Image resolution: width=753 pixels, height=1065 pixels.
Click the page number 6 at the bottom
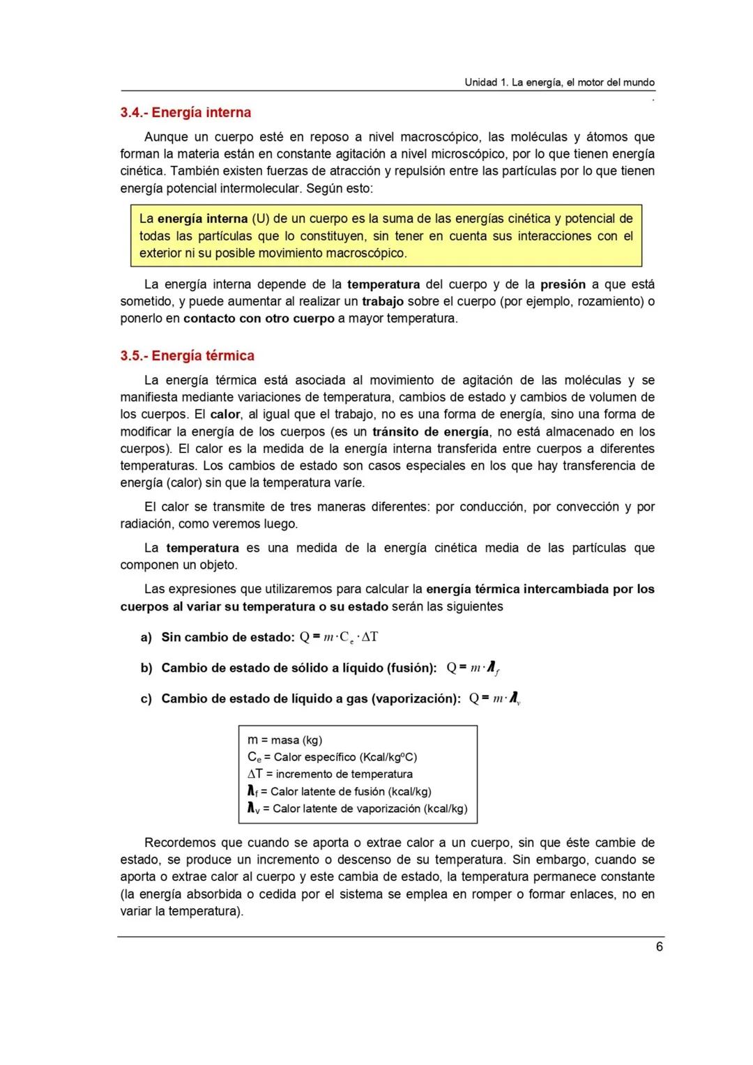pyautogui.click(x=659, y=947)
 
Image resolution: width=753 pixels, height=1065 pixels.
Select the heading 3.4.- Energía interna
pyautogui.click(x=185, y=112)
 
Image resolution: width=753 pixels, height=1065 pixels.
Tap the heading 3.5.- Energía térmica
pyautogui.click(x=187, y=355)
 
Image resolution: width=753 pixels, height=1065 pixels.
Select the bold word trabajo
pyautogui.click(x=383, y=301)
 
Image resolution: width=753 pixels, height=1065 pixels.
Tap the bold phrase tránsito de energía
pyautogui.click(x=430, y=431)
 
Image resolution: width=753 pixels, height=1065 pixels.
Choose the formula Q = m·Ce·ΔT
pyautogui.click(x=339, y=637)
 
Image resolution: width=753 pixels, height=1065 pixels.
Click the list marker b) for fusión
pyautogui.click(x=146, y=668)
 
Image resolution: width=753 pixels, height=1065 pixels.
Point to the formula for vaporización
pyautogui.click(x=495, y=698)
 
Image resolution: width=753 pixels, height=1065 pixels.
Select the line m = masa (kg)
pyautogui.click(x=284, y=740)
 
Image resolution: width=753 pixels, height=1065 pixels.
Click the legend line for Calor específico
pyautogui.click(x=332, y=757)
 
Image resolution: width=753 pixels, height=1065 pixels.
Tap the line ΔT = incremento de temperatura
pyautogui.click(x=330, y=774)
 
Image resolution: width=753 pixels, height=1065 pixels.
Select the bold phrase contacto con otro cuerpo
pyautogui.click(x=259, y=319)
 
